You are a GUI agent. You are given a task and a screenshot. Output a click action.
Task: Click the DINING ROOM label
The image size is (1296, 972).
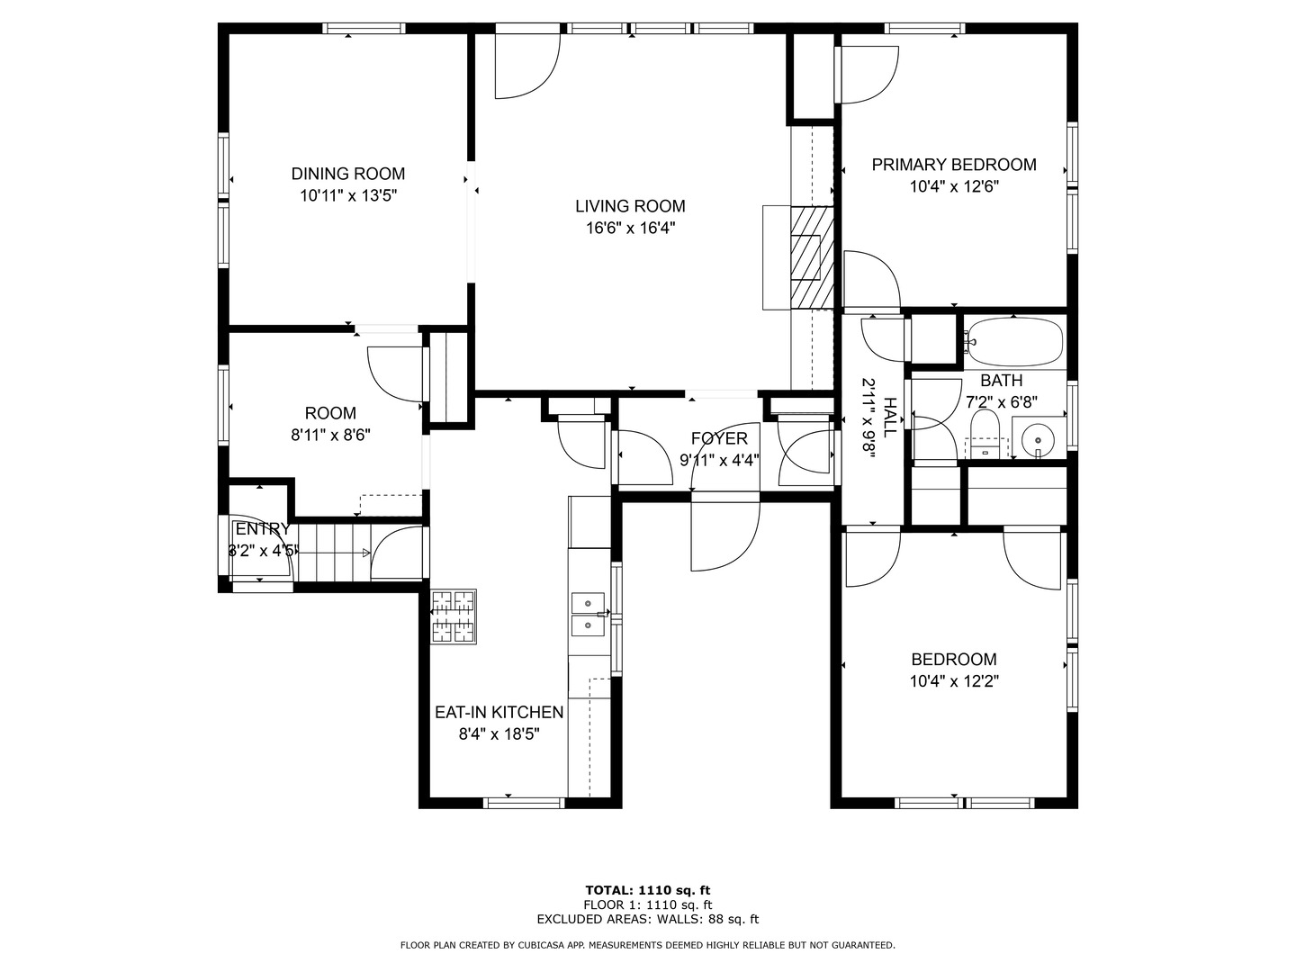point(347,174)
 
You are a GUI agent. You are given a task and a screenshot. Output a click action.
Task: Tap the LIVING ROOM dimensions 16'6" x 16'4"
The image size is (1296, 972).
point(630,228)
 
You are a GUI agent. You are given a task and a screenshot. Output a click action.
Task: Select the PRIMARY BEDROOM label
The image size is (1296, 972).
point(953,165)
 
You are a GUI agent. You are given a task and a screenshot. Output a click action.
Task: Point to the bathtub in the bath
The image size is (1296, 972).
point(1013,342)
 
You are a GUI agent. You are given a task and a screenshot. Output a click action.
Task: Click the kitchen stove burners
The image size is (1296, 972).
point(453,616)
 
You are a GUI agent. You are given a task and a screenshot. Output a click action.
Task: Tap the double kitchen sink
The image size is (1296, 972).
point(588,615)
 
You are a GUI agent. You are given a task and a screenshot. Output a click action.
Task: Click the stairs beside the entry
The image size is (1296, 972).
point(333,553)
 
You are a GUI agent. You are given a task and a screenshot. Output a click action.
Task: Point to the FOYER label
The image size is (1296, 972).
point(719,438)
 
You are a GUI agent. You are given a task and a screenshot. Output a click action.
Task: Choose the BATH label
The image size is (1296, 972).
point(1002,380)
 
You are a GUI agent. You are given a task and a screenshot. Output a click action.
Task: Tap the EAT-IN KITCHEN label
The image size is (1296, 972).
point(499,712)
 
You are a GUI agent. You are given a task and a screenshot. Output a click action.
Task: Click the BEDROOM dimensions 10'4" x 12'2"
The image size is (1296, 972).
point(953,681)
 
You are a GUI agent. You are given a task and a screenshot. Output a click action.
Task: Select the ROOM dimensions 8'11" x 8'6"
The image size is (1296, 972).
point(330,436)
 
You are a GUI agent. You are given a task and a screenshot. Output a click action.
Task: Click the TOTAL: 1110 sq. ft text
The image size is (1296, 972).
point(648,890)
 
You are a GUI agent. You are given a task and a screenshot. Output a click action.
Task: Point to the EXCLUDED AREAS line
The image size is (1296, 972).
point(648,919)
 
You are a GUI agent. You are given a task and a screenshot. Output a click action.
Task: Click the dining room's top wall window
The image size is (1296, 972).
point(364,28)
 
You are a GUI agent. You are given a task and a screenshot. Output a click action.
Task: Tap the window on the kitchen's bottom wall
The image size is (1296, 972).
point(524,803)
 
